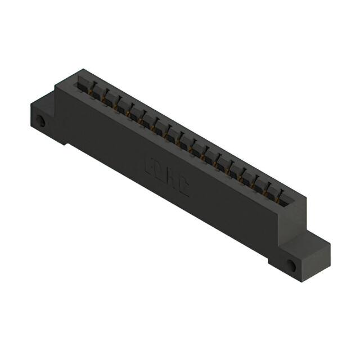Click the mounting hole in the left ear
click(40, 120)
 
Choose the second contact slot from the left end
click(94, 94)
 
